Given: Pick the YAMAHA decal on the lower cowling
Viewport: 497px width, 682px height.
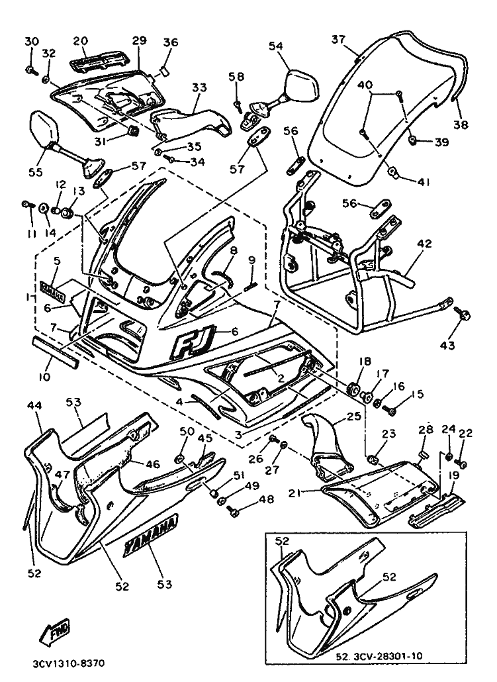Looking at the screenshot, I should pyautogui.click(x=150, y=534).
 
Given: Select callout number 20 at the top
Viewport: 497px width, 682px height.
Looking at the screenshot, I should pyautogui.click(x=80, y=40).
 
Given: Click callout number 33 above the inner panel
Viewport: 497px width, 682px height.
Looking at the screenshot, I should pyautogui.click(x=199, y=87).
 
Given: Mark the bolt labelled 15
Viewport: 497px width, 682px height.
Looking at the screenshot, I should pyautogui.click(x=391, y=411).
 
